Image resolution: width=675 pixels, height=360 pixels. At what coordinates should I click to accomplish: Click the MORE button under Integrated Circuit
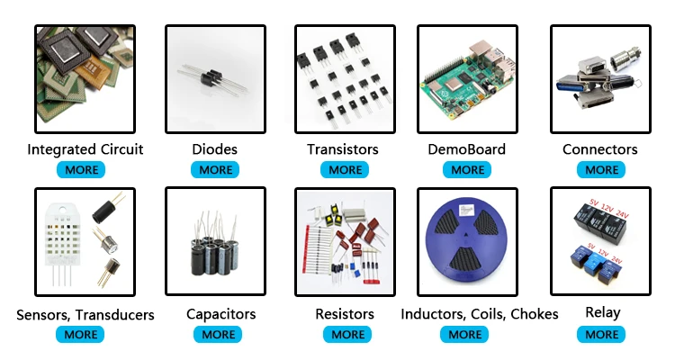[x=83, y=169]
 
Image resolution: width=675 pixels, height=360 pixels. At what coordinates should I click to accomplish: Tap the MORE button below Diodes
[x=215, y=169]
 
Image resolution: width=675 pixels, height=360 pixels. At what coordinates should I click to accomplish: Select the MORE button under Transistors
[x=345, y=169]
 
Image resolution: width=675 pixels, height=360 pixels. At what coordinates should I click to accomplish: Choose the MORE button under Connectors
[x=601, y=169]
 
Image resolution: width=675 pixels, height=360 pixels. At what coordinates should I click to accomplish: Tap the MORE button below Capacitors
[x=218, y=334]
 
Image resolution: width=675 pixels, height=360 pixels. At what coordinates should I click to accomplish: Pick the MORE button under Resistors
[x=347, y=334]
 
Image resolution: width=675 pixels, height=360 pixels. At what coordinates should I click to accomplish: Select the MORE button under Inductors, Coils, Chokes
[x=464, y=334]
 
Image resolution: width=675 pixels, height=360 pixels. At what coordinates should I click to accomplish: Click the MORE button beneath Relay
[x=601, y=334]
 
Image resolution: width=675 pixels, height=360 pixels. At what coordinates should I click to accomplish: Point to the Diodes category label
[x=215, y=149]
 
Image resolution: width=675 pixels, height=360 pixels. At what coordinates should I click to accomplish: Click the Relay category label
[x=602, y=313]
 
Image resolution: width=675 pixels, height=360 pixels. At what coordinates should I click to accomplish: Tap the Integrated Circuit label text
[x=85, y=149]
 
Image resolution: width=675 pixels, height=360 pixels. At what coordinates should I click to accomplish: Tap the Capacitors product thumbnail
[x=215, y=241]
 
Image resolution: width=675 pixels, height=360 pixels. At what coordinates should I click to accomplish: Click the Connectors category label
[x=600, y=149]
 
